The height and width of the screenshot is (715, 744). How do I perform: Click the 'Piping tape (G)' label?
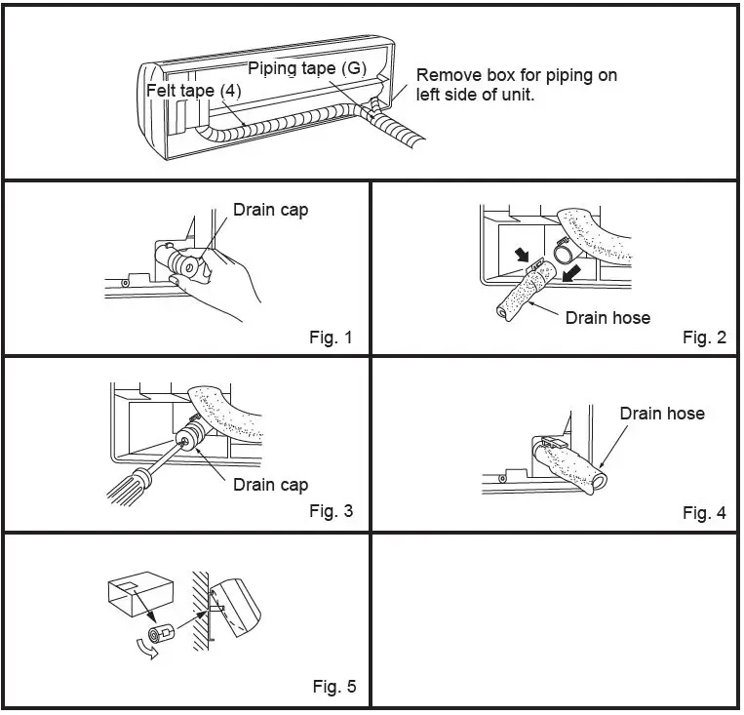[x=306, y=68]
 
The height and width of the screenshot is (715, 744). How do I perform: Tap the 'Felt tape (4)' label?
[x=194, y=90]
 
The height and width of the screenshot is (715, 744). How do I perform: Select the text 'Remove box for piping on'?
[x=516, y=75]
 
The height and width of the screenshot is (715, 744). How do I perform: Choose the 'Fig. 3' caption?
[x=331, y=511]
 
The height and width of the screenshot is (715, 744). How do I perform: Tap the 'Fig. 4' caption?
[x=704, y=512]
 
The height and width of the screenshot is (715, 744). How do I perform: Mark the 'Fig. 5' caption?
[x=333, y=687]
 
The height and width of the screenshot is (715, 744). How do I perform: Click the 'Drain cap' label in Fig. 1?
[x=270, y=209]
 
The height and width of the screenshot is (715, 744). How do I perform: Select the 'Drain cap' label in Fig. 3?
[x=270, y=485]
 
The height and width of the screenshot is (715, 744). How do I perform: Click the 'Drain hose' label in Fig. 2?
[x=607, y=317]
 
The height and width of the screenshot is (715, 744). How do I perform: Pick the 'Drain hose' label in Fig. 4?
[x=662, y=414]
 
